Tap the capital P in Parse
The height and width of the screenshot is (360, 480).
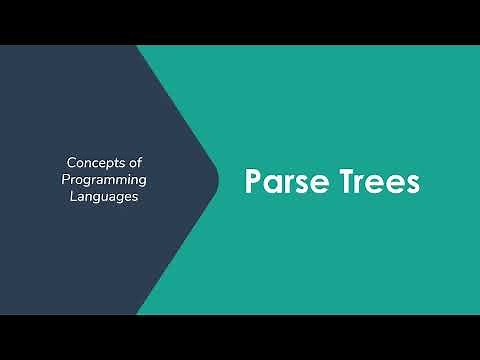click(254, 182)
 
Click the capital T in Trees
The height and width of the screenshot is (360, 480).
click(339, 182)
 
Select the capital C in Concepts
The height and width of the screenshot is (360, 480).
click(71, 161)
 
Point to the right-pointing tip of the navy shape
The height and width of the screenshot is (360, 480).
click(218, 180)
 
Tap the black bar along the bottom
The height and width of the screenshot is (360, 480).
click(240, 337)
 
